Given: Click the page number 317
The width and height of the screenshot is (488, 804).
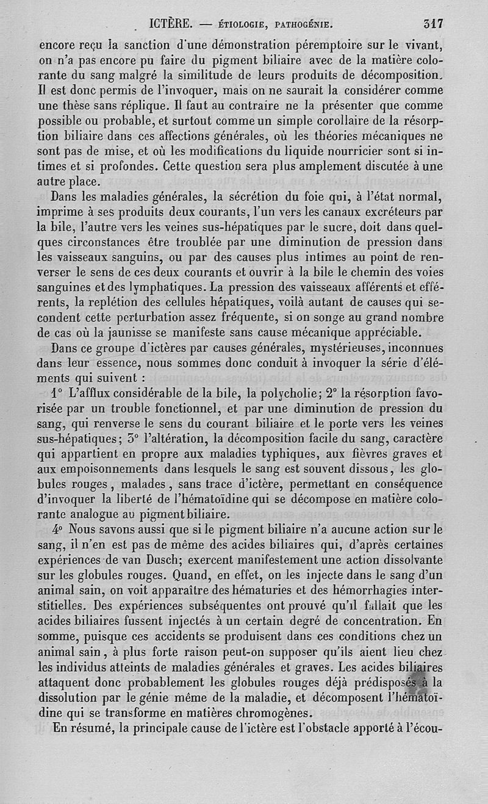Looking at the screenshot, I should [433, 24].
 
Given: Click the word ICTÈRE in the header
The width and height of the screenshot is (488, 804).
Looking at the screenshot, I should [171, 24].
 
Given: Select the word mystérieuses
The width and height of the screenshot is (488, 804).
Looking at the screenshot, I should [303, 349].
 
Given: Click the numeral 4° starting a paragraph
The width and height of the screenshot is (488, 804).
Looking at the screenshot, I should [59, 528].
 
